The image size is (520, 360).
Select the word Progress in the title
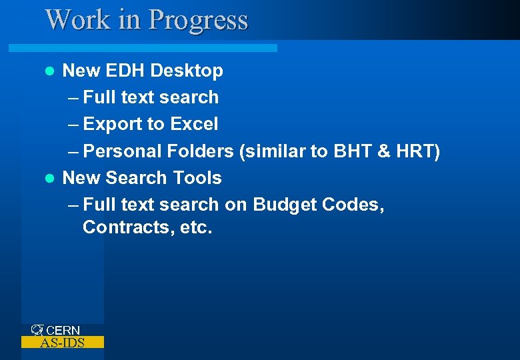198,20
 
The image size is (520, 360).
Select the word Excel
194,124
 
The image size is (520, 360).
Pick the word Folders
200,151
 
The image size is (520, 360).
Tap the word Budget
285,205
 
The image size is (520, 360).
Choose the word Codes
353,205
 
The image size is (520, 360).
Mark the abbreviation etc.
195,227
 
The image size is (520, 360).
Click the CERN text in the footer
63,331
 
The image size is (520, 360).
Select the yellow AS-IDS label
63,343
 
